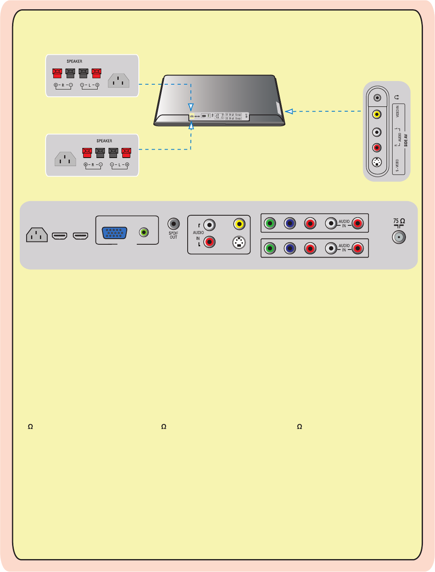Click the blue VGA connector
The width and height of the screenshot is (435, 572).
coord(115,233)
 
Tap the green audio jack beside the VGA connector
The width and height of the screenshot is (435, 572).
coord(144,232)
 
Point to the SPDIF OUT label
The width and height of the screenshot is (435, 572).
coord(174,235)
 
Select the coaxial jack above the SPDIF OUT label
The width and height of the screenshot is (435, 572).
coord(174,223)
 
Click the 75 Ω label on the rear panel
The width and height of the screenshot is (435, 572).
coord(399,221)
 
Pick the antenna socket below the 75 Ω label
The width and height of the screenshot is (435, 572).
coord(399,237)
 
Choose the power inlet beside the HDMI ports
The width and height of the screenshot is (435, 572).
coord(37,235)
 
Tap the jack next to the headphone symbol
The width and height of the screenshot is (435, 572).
coord(377,98)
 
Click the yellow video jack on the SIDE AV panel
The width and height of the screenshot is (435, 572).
coord(376,114)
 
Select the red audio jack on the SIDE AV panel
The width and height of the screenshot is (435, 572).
coord(376,148)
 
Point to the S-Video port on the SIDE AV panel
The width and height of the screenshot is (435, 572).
coord(376,163)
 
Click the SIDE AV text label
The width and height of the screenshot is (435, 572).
coord(406,140)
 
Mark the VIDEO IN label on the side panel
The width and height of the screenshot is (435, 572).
coord(397,112)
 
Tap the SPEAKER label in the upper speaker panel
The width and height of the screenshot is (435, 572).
coord(74,61)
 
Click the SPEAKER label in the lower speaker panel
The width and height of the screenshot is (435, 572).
coord(104,141)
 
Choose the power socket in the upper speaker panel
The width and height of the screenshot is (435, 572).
coord(119,81)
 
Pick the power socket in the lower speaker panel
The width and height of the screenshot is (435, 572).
coord(65,159)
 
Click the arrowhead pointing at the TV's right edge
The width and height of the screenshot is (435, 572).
coord(289,111)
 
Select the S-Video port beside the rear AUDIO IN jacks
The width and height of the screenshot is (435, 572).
coord(239,242)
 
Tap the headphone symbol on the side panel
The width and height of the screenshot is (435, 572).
coord(397,97)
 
